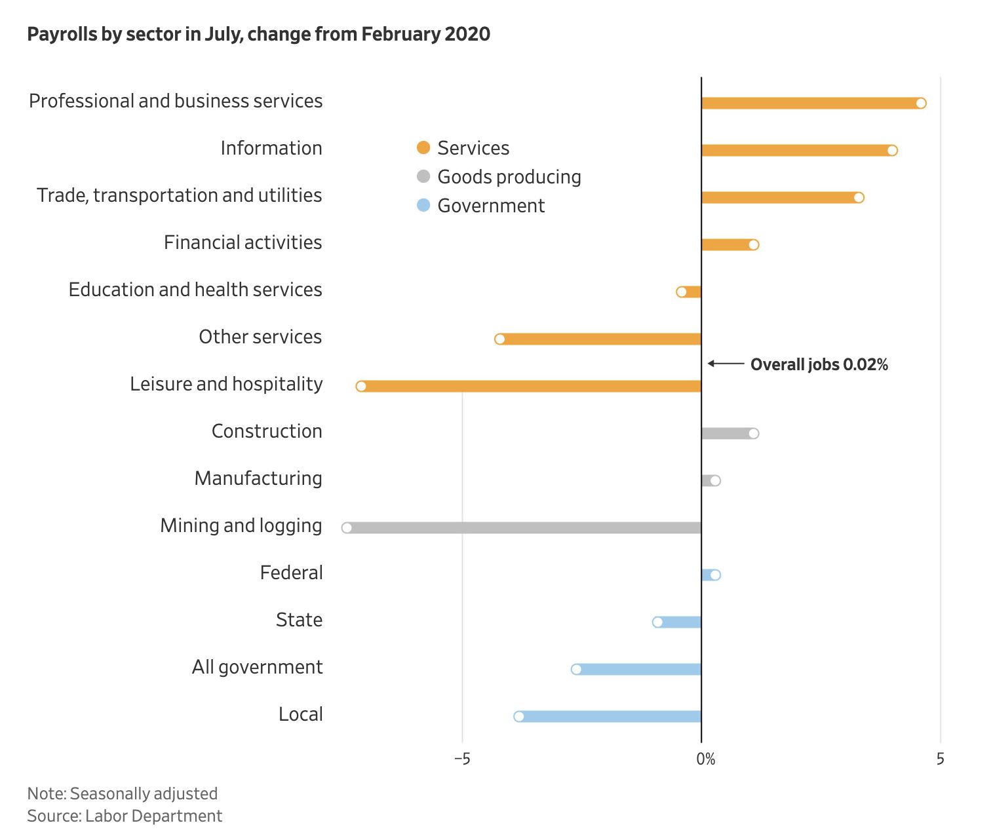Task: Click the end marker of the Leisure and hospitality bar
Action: tap(361, 386)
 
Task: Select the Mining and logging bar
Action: tap(524, 527)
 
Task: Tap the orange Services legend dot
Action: tap(423, 147)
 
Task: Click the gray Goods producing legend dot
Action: tap(423, 176)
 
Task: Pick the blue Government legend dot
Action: tap(423, 205)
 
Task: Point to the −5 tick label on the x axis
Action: tap(462, 759)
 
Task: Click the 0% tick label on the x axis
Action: tap(705, 759)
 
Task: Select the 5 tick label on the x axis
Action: tap(940, 759)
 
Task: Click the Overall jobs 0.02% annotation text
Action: tap(819, 364)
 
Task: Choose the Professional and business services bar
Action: tap(811, 103)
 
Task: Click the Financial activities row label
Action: tap(243, 242)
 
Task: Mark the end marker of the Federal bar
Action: tap(715, 575)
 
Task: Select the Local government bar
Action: tap(610, 716)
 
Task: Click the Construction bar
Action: tap(727, 433)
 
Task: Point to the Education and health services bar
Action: tap(691, 292)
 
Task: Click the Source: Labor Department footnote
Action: tap(125, 816)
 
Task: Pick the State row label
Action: tap(299, 620)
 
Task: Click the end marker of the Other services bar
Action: tap(500, 339)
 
